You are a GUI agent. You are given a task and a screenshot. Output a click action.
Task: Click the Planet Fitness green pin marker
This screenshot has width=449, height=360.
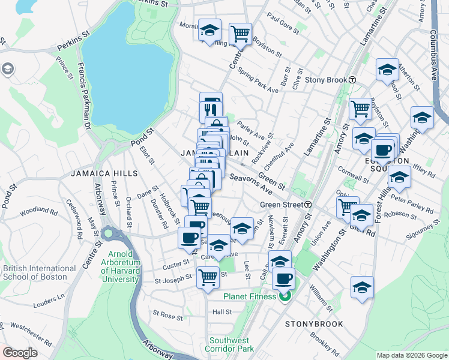[x=285, y=295]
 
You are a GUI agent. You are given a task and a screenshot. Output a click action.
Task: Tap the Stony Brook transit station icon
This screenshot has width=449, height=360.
[x=352, y=80]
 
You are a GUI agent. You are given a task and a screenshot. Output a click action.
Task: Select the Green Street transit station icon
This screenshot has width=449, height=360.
[x=308, y=205]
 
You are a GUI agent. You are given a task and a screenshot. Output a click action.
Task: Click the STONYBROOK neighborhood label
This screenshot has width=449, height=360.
[x=314, y=324]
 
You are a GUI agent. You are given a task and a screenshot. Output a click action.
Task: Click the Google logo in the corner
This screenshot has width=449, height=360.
[x=20, y=353]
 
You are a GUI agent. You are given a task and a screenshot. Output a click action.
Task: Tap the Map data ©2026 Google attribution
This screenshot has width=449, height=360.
[x=411, y=355]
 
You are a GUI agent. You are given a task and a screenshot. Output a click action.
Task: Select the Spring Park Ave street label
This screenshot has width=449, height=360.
[x=258, y=81]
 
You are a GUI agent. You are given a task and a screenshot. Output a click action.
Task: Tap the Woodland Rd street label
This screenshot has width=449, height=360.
[x=38, y=212]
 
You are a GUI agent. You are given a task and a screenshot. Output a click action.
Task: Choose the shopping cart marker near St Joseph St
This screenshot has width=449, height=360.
[x=208, y=277]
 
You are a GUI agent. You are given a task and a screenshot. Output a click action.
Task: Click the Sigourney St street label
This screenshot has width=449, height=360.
[x=418, y=228]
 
